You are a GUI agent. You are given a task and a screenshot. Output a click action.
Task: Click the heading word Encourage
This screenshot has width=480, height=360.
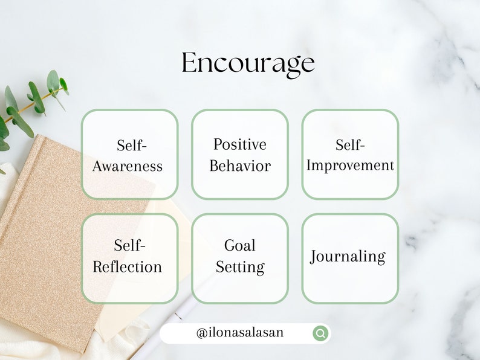248,63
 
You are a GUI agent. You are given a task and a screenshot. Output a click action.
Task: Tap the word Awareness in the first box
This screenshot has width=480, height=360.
128,166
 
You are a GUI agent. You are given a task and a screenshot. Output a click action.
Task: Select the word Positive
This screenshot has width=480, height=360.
240,144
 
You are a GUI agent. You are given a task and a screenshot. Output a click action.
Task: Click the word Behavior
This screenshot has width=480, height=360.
240,166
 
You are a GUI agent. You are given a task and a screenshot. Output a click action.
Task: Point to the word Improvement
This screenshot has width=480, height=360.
350,165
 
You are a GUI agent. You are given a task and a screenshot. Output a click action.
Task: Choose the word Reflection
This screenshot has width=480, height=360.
128,267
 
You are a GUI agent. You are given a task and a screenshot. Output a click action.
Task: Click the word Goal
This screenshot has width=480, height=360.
240,245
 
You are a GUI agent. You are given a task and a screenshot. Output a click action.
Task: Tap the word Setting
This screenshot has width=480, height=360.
240,267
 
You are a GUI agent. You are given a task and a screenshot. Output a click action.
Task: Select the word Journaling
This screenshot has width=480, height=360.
348,257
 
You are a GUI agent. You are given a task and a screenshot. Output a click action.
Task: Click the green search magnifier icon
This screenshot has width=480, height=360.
320,333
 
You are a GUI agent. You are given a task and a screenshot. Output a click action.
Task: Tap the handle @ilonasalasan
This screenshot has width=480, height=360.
240,333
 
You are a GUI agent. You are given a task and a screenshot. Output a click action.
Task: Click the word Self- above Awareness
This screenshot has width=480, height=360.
131,146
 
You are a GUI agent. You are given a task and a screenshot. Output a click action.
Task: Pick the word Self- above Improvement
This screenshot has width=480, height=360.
351,145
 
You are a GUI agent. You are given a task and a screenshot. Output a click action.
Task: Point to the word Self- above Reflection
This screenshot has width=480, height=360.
130,245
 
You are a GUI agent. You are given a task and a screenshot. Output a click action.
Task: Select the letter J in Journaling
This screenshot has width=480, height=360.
314,257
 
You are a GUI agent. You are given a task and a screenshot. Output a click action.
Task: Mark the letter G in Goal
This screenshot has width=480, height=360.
230,245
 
